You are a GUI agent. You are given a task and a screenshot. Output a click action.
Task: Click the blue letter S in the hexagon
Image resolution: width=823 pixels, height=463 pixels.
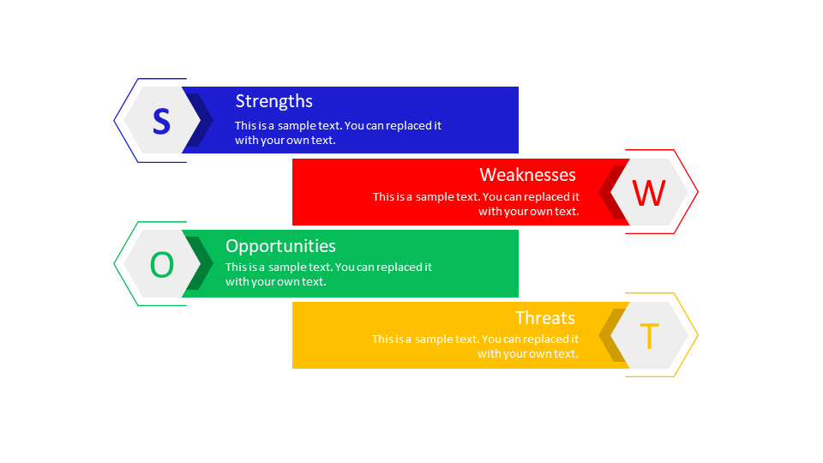click(x=161, y=121)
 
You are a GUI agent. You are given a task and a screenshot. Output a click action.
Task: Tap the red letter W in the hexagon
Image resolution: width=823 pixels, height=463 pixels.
click(x=649, y=193)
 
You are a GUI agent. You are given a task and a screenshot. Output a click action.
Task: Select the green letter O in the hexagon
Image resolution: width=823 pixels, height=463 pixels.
click(x=161, y=265)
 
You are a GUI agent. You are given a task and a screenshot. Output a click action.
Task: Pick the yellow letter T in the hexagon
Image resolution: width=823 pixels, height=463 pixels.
click(x=649, y=336)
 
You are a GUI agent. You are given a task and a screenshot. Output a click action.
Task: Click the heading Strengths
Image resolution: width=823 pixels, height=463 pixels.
click(x=273, y=101)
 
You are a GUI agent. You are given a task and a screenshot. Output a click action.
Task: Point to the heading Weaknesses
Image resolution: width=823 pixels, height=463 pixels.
click(x=527, y=175)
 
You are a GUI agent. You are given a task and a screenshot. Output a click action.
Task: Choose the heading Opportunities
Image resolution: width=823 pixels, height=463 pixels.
click(x=280, y=246)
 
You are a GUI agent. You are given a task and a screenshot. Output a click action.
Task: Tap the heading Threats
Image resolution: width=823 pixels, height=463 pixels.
click(x=544, y=318)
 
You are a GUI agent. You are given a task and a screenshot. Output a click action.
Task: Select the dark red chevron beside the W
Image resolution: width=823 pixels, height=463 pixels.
click(x=610, y=192)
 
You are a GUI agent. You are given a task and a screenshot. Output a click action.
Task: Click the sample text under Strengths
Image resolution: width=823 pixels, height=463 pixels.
click(x=338, y=133)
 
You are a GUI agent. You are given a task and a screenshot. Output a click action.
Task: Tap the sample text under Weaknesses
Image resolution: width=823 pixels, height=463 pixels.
click(x=476, y=204)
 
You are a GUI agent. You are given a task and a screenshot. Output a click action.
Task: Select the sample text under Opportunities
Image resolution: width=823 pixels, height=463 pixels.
click(x=328, y=274)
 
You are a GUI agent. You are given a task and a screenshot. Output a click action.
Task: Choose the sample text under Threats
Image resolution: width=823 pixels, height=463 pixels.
click(x=475, y=346)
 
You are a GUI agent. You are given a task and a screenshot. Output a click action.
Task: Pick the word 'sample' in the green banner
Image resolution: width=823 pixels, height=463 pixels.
click(x=287, y=268)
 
